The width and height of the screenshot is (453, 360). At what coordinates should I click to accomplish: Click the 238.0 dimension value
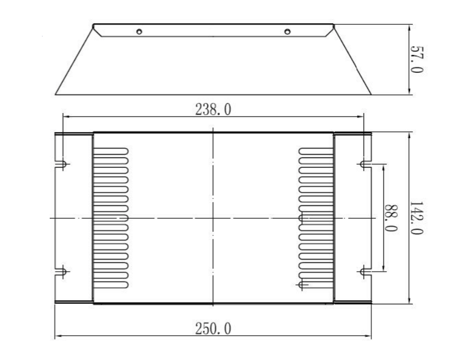click(213, 109)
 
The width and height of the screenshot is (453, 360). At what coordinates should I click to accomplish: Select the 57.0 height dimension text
click(417, 60)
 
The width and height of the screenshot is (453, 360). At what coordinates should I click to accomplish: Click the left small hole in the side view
click(139, 31)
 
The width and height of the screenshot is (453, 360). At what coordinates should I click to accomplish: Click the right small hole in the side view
click(287, 31)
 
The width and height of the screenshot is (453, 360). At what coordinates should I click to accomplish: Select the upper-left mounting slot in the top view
click(62, 164)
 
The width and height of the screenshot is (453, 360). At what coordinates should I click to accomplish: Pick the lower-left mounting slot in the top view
click(62, 271)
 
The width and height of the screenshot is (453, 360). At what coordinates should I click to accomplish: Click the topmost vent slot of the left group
click(111, 150)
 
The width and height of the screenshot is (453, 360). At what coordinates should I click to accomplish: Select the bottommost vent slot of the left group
click(111, 284)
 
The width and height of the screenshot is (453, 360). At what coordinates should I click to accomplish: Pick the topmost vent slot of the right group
click(315, 150)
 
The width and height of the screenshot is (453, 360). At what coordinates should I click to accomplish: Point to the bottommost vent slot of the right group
click(315, 284)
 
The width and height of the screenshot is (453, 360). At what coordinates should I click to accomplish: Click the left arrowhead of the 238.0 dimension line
click(65, 116)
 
